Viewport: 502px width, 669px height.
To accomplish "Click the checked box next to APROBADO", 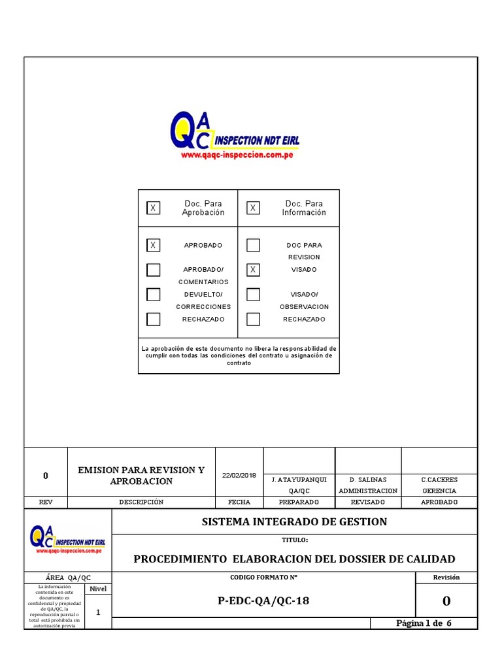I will [153, 246].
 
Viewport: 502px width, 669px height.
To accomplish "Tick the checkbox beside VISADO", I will [253, 270].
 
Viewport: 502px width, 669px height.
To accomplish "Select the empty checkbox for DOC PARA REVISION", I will [253, 246].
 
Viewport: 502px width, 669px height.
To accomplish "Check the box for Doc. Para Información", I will [253, 208].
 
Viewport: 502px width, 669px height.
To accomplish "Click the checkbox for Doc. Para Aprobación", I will [153, 208].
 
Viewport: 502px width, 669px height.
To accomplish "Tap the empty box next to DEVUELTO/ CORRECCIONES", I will [153, 295].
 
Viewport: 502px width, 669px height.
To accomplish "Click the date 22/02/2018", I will [239, 475].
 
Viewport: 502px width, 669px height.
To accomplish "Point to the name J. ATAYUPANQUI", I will [299, 480].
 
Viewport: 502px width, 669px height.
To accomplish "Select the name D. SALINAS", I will [367, 480].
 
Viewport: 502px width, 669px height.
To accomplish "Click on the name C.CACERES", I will [439, 480].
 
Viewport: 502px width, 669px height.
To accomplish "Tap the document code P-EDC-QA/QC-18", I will [263, 601].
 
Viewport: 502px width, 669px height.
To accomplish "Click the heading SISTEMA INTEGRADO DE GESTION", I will [294, 521].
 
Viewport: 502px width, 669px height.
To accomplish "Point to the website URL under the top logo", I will [236, 156].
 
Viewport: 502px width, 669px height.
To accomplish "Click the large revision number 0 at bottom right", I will [446, 601].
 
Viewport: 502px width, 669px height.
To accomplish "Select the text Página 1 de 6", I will [424, 623].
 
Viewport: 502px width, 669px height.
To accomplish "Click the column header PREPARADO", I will [299, 502].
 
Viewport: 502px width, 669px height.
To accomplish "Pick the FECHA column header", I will [239, 502].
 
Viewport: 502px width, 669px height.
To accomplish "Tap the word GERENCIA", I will [439, 491].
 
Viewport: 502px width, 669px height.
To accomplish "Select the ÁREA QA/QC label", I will [68, 578].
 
